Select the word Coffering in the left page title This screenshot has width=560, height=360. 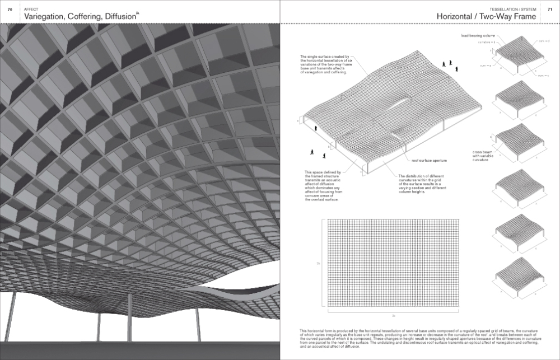click(92, 17)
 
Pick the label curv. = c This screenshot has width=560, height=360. click(485, 66)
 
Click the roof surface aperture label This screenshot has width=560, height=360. click(428, 161)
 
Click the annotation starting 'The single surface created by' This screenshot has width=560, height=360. click(325, 64)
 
